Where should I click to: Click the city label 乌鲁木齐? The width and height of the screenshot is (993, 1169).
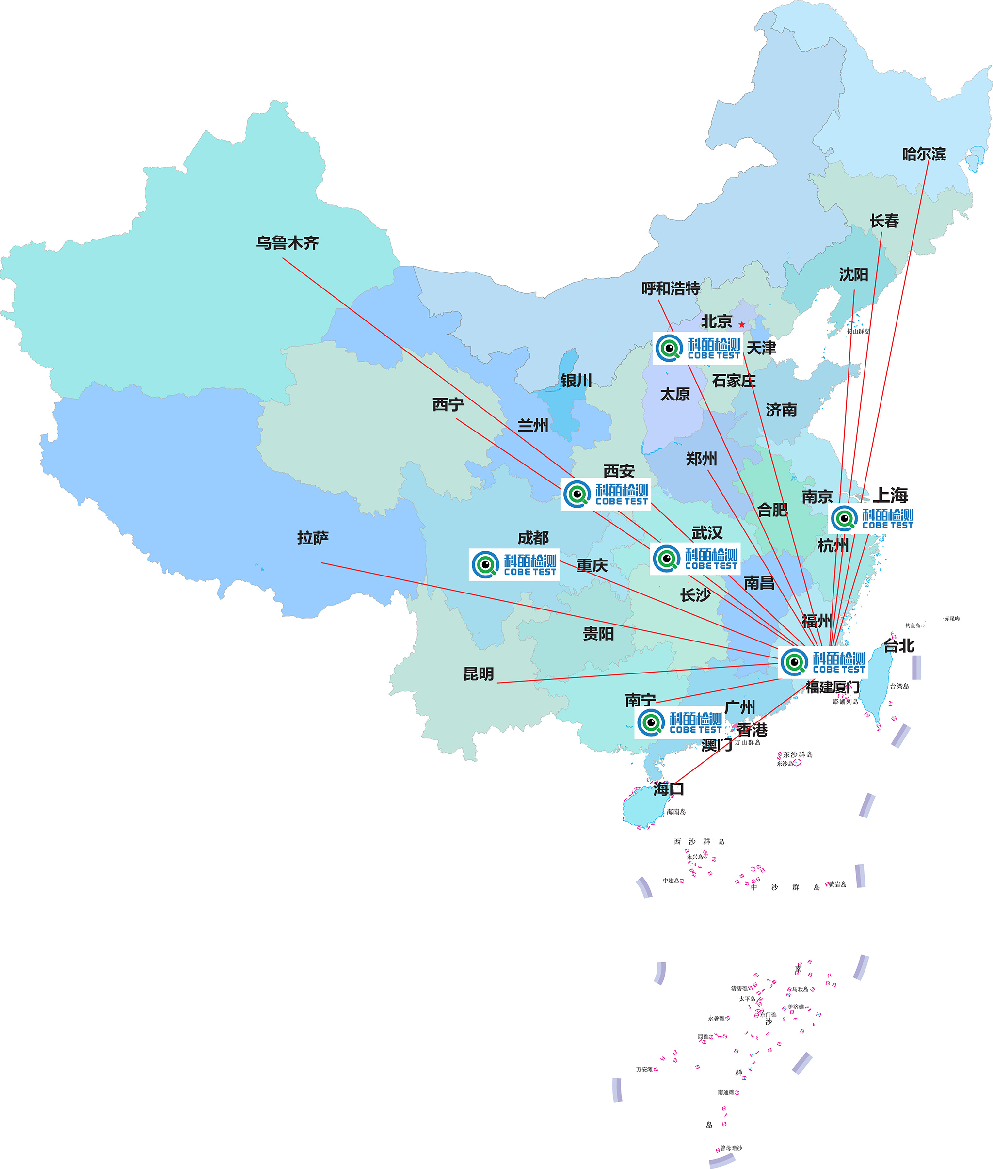287,242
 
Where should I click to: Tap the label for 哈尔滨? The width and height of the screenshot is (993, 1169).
924,154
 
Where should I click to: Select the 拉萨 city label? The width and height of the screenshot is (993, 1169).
313,538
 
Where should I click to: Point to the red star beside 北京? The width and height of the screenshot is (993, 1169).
742,325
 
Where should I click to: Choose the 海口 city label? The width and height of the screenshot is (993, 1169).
668,789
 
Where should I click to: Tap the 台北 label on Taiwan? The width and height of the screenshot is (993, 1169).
898,645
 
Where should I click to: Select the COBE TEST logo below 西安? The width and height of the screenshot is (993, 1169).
606,494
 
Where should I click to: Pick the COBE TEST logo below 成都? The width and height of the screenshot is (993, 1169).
514,564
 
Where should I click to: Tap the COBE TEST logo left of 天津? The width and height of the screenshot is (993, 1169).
697,349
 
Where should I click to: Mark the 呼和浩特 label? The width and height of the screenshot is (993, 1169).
671,288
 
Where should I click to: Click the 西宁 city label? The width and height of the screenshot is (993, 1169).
448,405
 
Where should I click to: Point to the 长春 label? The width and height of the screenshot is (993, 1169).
884,221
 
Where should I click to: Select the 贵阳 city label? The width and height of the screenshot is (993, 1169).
598,634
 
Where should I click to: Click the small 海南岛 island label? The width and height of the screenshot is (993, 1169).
675,812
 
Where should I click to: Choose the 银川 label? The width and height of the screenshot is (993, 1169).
576,381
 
